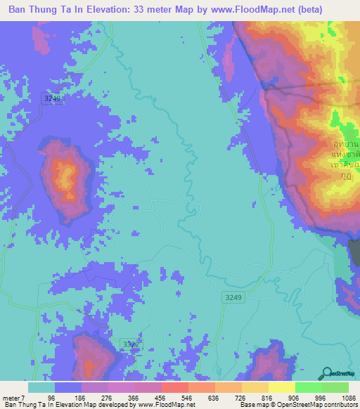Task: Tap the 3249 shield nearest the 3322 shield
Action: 234,298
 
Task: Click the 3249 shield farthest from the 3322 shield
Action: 51,99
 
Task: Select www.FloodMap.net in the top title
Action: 263,11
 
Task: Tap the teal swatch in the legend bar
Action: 41,387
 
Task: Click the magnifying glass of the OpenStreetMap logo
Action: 326,373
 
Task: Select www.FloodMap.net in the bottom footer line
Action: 160,405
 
